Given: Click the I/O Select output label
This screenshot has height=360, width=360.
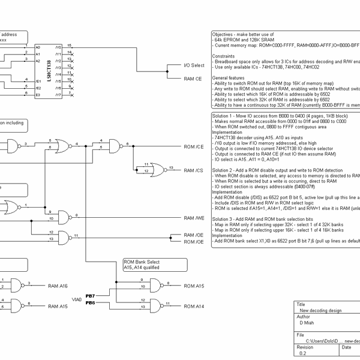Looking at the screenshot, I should click(193, 65).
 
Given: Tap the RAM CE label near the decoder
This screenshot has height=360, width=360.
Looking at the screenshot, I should click(193, 79).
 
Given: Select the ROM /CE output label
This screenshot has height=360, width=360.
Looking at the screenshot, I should click(193, 146).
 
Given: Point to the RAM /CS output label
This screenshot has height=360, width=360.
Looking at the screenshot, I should click(193, 171).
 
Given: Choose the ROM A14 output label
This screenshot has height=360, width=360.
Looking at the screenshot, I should click(193, 307).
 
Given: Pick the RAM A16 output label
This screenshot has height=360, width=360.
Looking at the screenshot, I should click(58, 286).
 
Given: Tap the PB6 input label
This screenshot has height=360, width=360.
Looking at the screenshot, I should click(90, 302).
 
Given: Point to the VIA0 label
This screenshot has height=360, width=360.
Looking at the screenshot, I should click(77, 299).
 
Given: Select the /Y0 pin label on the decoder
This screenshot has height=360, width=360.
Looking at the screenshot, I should click(58, 47).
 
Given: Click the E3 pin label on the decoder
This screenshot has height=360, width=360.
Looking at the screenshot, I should click(37, 95).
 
